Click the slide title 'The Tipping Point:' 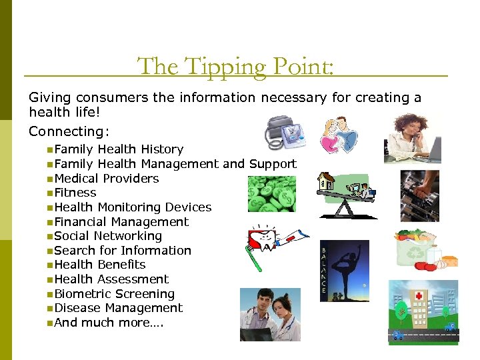coord(235,66)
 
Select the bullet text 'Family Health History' coord(119,149)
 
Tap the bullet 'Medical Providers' coord(107,178)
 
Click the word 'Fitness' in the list coord(75,193)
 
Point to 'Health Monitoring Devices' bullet coord(133,207)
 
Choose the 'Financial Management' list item coord(121,222)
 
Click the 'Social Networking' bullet coord(108,236)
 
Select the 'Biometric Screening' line coord(115,294)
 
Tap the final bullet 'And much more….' coord(109,323)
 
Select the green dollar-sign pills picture coord(271,194)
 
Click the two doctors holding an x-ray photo coord(270,314)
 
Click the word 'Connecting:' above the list coord(69,131)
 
